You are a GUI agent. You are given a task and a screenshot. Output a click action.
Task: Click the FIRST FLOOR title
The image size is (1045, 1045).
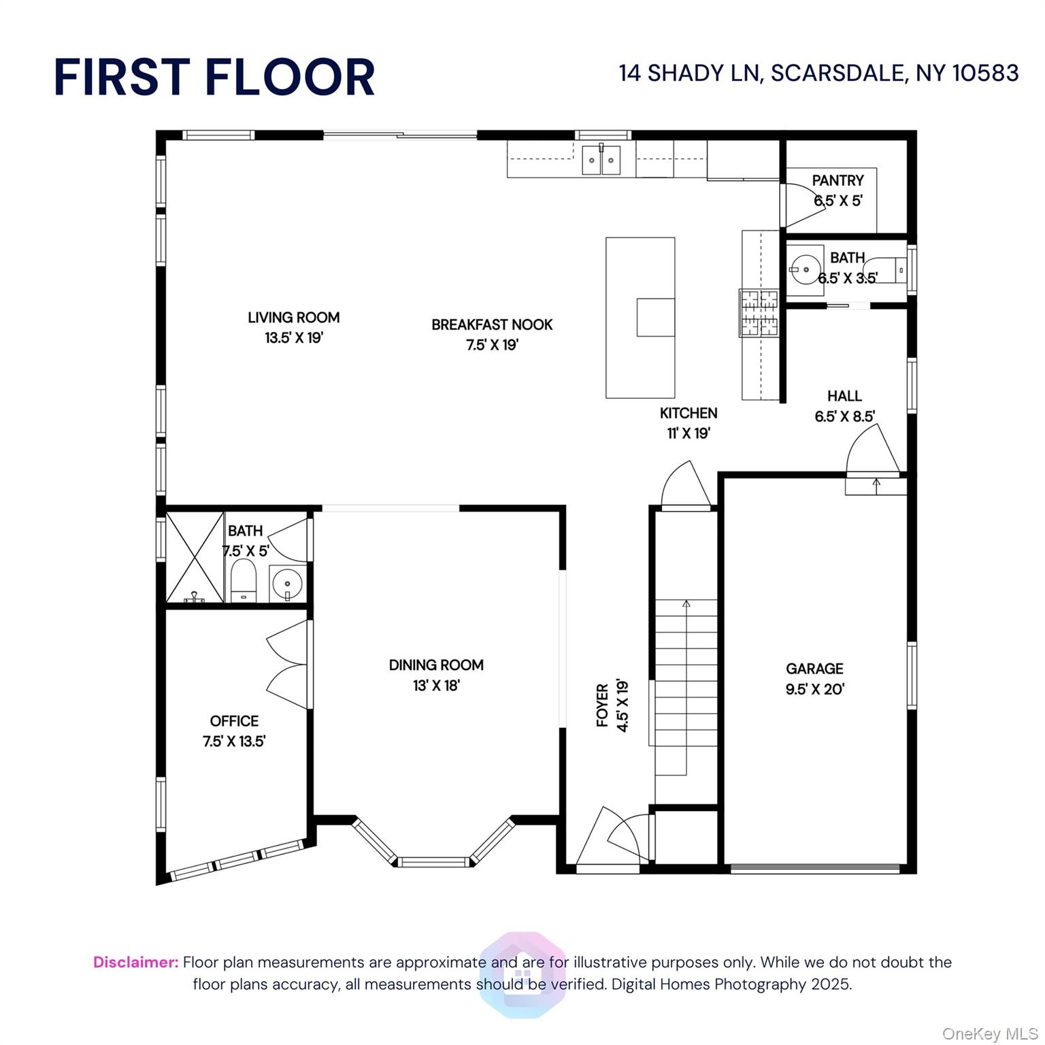point(214,76)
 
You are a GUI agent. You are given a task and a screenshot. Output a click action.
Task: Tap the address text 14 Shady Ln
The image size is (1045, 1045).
point(689,73)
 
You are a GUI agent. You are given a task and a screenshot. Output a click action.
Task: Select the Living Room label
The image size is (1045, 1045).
point(294,317)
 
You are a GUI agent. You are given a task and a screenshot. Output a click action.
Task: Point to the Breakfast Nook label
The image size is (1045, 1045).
point(492,325)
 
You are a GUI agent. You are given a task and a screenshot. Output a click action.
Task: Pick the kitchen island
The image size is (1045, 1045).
point(640,318)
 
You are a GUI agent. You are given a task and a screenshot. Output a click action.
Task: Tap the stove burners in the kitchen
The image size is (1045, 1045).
point(759,312)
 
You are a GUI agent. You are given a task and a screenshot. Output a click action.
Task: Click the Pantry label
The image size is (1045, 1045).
point(838,180)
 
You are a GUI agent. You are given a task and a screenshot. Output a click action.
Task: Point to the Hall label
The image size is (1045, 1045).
point(844,396)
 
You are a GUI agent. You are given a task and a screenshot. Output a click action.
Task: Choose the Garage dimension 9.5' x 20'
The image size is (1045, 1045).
point(815,689)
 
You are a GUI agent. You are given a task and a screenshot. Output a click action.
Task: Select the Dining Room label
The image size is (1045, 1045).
point(436,665)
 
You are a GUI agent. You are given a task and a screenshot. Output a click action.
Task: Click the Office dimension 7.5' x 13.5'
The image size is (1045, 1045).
point(234,742)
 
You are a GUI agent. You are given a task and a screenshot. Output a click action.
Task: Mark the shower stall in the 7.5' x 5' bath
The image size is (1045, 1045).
point(195,557)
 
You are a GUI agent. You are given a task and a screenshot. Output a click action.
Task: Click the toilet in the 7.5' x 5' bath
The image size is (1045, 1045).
point(244,582)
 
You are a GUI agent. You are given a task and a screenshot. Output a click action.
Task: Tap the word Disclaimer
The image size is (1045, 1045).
point(135,962)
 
